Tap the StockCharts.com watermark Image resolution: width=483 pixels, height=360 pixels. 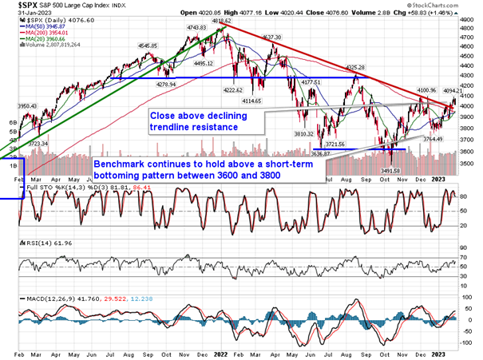tap(445, 14)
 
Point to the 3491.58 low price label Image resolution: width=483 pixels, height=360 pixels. tap(395, 160)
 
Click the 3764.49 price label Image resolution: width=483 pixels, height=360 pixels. tap(433, 139)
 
